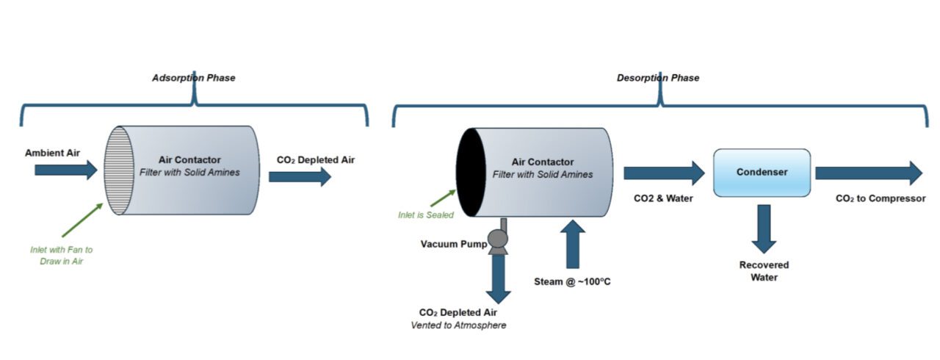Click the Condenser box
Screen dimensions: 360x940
click(762, 173)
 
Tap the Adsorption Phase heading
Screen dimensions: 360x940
click(193, 78)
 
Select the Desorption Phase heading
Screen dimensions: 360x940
click(657, 78)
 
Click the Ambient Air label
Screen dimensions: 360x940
click(52, 154)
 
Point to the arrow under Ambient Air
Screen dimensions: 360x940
click(65, 170)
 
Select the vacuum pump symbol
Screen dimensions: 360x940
click(498, 240)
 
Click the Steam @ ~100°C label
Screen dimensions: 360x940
click(572, 281)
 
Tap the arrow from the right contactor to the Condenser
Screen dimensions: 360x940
click(663, 173)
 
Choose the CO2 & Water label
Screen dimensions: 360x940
click(663, 198)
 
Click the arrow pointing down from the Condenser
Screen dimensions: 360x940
click(764, 228)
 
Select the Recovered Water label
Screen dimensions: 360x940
click(764, 270)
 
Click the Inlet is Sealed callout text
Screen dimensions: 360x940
click(425, 215)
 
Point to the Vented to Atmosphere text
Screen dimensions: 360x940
click(458, 325)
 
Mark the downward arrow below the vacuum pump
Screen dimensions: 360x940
click(498, 280)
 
